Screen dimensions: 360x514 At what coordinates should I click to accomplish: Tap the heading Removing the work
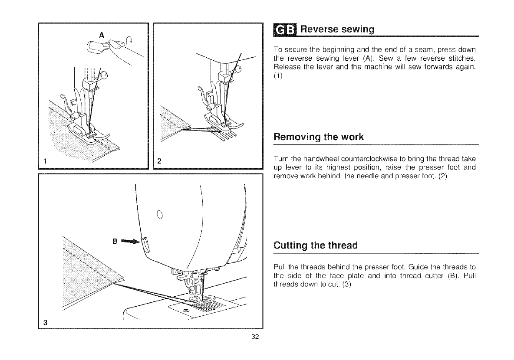pos(318,137)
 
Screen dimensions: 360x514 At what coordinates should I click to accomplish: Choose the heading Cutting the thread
pos(316,245)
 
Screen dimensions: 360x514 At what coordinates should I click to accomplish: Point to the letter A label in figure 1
pos(101,36)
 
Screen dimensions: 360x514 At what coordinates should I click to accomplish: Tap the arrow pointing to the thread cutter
pos(132,240)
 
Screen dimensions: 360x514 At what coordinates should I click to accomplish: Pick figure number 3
pos(45,322)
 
